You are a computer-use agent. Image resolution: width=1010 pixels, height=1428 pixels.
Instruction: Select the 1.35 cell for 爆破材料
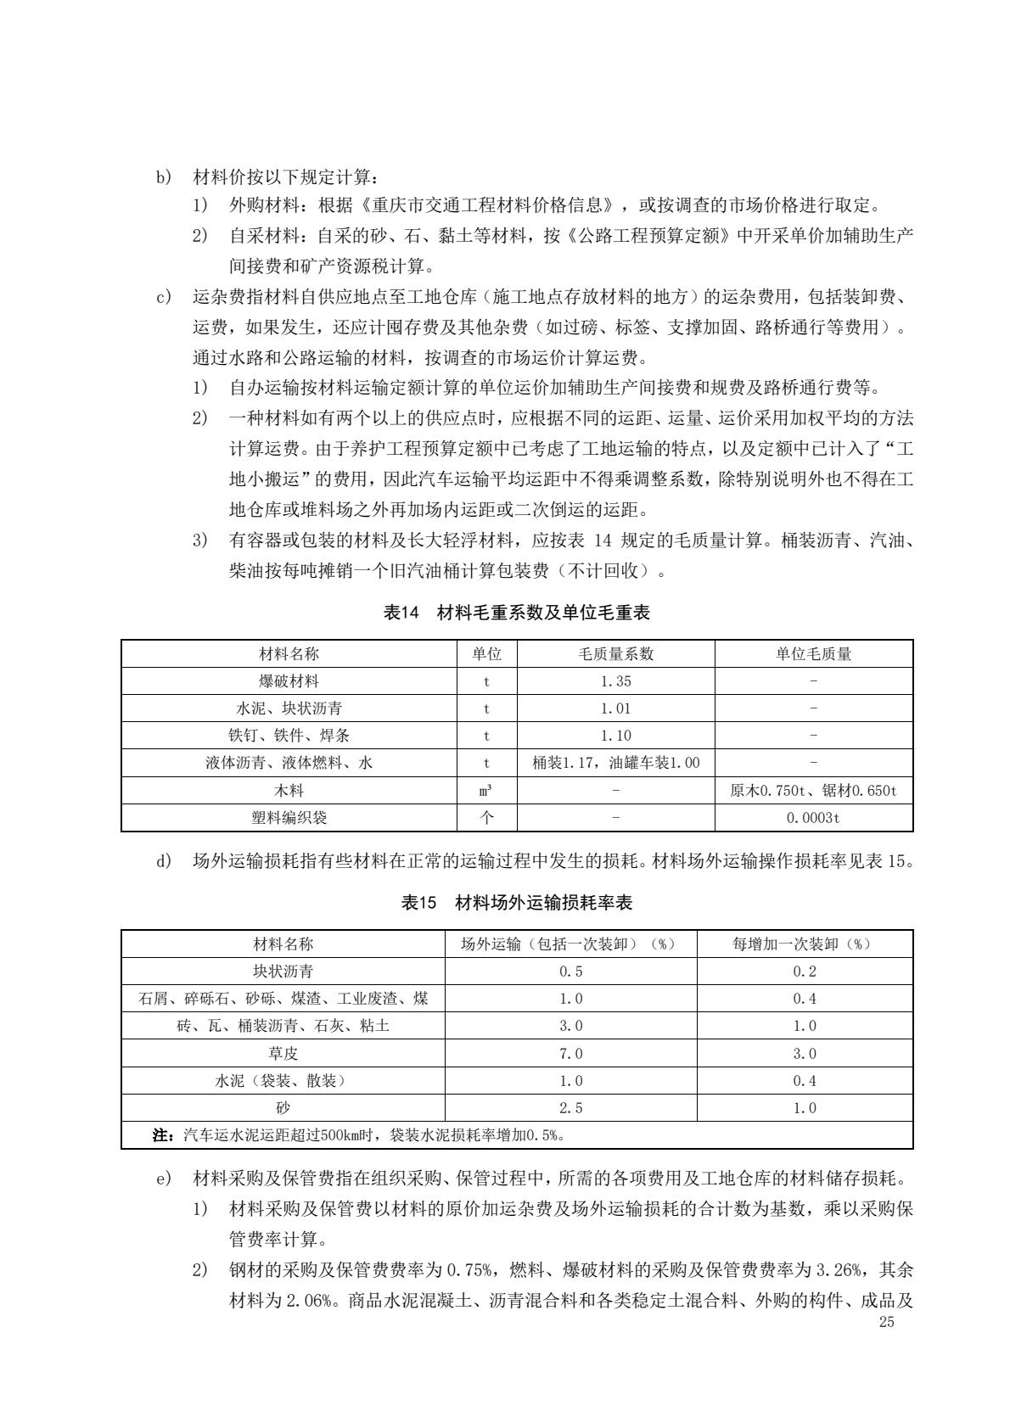(615, 681)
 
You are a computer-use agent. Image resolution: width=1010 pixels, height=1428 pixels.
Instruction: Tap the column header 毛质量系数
(615, 654)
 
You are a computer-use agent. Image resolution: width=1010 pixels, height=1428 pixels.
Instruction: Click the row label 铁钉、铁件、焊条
(289, 736)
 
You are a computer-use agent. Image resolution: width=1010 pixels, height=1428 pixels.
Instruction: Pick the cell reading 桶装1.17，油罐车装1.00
(615, 763)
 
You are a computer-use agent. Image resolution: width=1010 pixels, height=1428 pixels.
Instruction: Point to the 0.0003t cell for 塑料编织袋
(813, 818)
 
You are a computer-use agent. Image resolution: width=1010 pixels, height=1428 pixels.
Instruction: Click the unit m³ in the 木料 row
(486, 791)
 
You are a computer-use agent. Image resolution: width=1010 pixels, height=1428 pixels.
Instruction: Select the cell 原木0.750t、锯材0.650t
(813, 791)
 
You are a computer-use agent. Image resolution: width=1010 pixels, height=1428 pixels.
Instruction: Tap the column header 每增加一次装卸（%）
(804, 944)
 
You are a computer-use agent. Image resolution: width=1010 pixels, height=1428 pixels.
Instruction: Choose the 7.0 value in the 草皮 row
(570, 1054)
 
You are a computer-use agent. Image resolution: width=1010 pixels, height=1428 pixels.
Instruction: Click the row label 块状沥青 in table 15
(283, 972)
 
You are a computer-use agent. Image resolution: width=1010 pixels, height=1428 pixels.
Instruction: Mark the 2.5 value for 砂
(570, 1108)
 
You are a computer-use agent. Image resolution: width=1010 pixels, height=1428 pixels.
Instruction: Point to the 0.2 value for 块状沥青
(804, 972)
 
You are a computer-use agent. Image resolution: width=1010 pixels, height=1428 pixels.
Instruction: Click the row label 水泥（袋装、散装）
(283, 1081)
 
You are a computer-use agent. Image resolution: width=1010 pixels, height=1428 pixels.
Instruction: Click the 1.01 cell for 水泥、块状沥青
(615, 708)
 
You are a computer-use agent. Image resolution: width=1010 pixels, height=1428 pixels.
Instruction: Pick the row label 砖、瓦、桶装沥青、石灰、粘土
(283, 1026)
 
